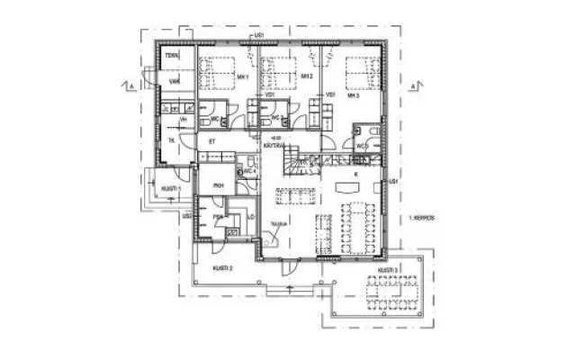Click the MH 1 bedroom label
tap(243, 77)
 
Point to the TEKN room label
tap(170, 56)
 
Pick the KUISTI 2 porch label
tap(223, 268)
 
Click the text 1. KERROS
tap(422, 218)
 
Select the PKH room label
tap(218, 185)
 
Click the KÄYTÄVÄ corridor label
tap(274, 144)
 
